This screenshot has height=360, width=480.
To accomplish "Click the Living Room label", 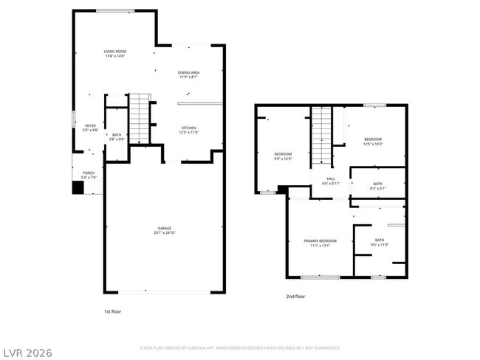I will click(114, 54).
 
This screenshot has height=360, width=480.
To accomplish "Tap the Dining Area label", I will click(188, 75).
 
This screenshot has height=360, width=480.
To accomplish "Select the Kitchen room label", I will click(189, 130).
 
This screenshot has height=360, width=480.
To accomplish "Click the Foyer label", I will click(90, 128).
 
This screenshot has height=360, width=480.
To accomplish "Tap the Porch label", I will click(88, 176).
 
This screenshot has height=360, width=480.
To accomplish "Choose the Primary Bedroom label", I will click(320, 243).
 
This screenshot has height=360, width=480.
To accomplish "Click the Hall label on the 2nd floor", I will click(331, 181).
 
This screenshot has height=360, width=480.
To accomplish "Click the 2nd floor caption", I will click(295, 297).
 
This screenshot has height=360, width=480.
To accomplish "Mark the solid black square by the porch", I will click(78, 187).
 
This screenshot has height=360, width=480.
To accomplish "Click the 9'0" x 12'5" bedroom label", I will click(284, 156).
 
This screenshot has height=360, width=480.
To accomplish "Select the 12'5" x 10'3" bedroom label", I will click(372, 141).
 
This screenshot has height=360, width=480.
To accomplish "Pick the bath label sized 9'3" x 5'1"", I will click(377, 186).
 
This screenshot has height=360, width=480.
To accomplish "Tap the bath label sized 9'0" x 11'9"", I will click(379, 242).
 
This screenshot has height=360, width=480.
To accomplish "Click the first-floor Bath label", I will click(117, 136).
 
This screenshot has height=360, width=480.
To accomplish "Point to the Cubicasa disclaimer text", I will click(240, 347).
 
